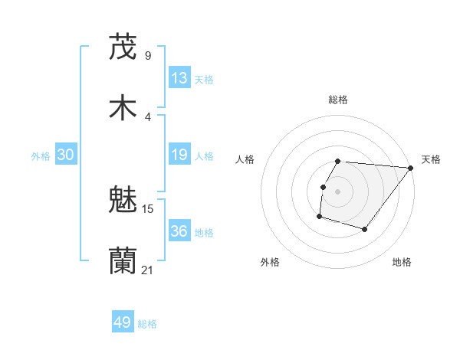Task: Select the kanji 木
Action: pos(123,108)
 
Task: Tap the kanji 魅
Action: pos(123,201)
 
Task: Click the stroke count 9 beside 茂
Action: pos(148,55)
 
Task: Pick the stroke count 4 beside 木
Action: pos(148,116)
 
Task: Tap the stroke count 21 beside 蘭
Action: pos(148,270)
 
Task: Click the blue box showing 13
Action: pos(179,78)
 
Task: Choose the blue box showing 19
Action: pos(179,155)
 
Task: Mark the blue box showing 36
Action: pos(179,231)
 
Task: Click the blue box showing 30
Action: pos(66,155)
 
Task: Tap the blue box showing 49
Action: pos(123,323)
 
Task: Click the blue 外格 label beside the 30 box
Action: pos(41,156)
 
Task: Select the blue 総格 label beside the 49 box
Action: pos(147,324)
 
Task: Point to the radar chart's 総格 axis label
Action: pos(338,100)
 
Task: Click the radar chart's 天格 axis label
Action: pos(431,159)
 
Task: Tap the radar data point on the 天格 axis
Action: pos(410,169)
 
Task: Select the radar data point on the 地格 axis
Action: pos(365,229)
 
